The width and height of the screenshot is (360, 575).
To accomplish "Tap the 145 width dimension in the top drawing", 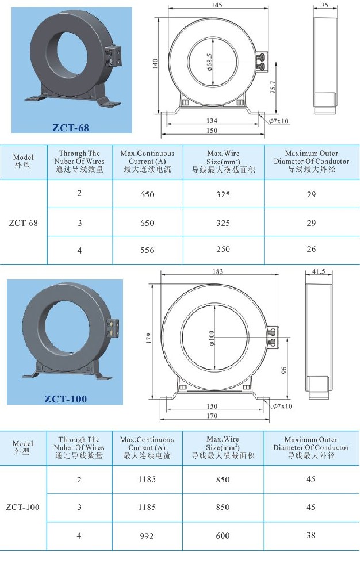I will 217,6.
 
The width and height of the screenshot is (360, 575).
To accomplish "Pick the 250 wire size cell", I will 223,250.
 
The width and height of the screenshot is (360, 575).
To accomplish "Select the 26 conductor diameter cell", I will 311,250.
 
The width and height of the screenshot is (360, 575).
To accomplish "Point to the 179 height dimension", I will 148,336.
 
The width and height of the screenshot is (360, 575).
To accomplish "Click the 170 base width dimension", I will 212,416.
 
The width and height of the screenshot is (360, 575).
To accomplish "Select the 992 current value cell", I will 147,536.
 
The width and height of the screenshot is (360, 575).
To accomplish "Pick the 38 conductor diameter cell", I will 311,535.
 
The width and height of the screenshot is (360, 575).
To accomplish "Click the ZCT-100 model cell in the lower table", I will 23,508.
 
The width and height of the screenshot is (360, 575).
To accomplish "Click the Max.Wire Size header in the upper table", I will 223,162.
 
